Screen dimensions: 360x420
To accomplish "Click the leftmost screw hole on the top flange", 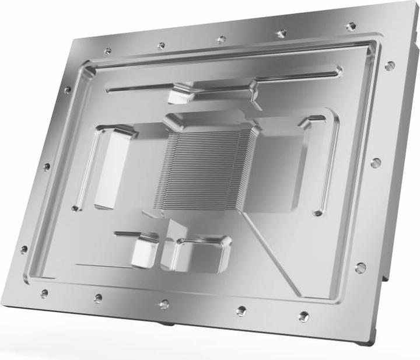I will coord(107,51).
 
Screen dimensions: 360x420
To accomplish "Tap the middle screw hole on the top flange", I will coord(222,40).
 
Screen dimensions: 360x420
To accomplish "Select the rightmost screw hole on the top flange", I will coord(351,26).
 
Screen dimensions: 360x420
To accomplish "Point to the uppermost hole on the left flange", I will coord(67,90).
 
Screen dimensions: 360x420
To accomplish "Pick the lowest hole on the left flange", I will coord(24,250).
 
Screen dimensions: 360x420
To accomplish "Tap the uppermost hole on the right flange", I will coord(390,65).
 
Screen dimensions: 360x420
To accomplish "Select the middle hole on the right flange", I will coord(376,163).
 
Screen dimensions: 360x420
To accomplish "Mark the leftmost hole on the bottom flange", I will coord(44,293).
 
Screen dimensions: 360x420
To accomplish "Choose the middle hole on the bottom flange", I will coord(164,304).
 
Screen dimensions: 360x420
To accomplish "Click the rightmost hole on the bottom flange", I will coord(304,317).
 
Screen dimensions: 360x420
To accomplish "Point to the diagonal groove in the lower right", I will coord(271,251).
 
